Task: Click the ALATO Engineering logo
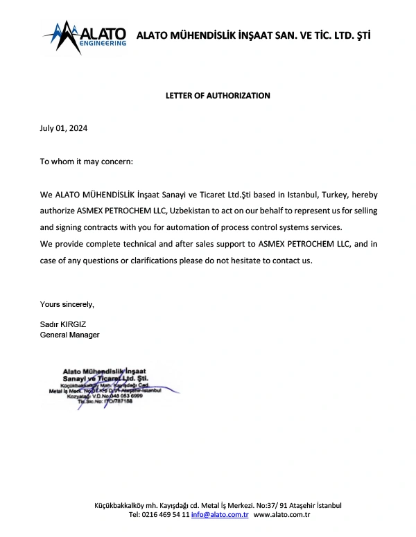(85, 35)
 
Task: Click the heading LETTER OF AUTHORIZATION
(218, 96)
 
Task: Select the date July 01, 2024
(64, 128)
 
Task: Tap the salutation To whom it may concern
(86, 161)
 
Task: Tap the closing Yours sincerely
(67, 304)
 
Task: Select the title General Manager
(70, 335)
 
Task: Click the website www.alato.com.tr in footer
(281, 516)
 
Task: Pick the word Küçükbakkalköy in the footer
(119, 506)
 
